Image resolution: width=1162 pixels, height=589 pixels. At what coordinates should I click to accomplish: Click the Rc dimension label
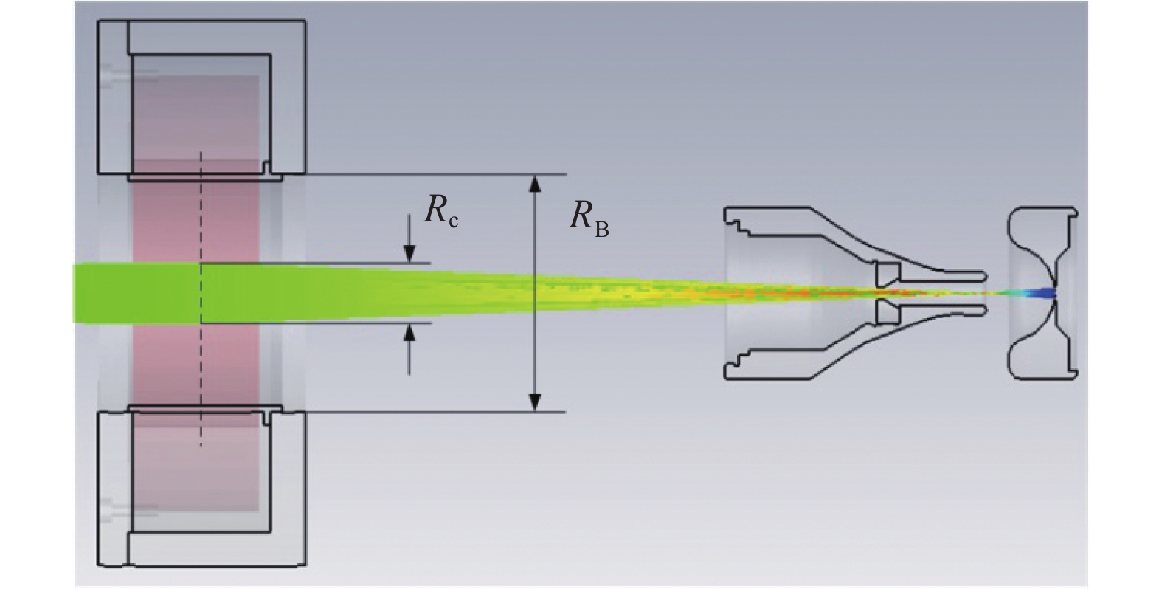(x=440, y=212)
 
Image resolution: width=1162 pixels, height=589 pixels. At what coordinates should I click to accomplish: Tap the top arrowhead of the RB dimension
(x=536, y=182)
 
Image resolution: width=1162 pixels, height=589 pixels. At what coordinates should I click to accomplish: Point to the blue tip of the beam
(x=1044, y=293)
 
